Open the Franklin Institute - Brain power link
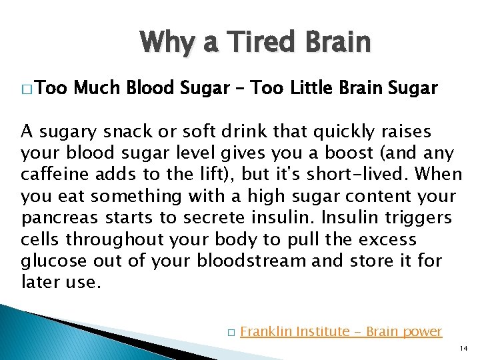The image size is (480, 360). click(341, 331)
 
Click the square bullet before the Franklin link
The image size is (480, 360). click(230, 332)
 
